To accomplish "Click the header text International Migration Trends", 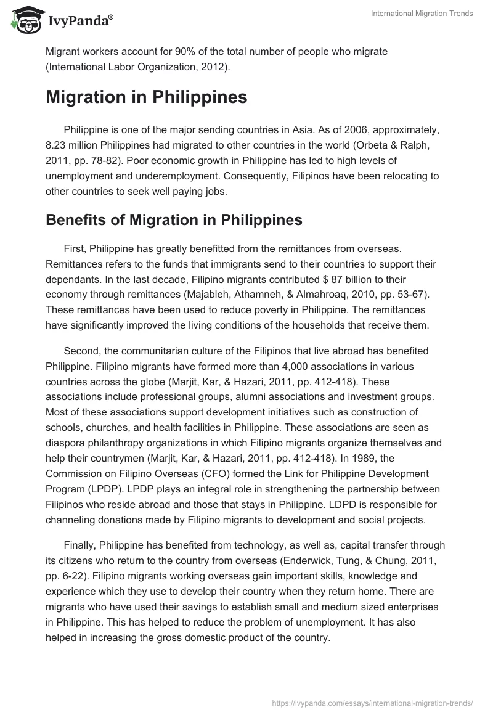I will [422, 14].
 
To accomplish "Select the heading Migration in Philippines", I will [147, 97].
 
